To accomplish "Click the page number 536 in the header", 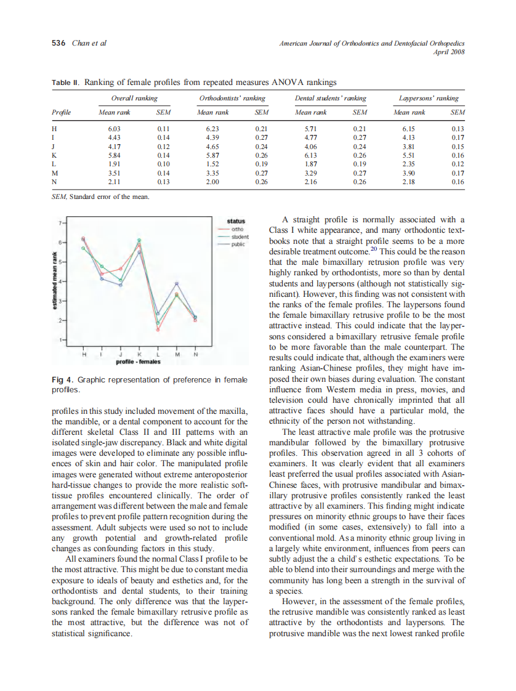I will pyautogui.click(x=58, y=43).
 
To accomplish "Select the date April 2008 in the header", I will pyautogui.click(x=449, y=52).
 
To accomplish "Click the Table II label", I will pyautogui.click(x=66, y=82).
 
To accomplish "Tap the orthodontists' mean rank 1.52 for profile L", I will pyautogui.click(x=212, y=164).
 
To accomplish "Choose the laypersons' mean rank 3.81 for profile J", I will pyautogui.click(x=409, y=147).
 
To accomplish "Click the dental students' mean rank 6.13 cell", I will pyautogui.click(x=311, y=156).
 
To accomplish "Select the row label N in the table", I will pyautogui.click(x=55, y=182).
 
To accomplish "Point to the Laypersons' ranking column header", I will pyautogui.click(x=429, y=99).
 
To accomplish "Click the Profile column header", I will pyautogui.click(x=61, y=113).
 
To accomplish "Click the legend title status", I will pyautogui.click(x=236, y=221).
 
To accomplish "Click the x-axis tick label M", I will pyautogui.click(x=177, y=354).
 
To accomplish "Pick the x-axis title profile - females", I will pyautogui.click(x=139, y=362).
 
